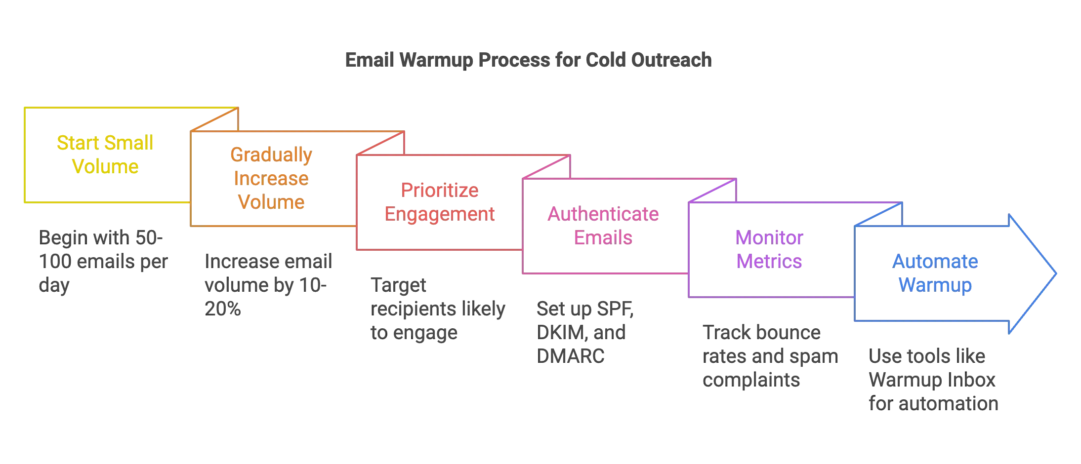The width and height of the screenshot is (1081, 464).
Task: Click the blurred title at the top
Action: pyautogui.click(x=527, y=60)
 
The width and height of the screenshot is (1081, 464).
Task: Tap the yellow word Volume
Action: pyautogui.click(x=105, y=166)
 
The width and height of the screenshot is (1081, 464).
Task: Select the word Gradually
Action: pyautogui.click(x=271, y=155)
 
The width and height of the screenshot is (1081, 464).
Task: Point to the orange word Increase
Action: pyautogui.click(x=271, y=178)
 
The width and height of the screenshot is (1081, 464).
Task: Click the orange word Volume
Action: pyautogui.click(x=271, y=202)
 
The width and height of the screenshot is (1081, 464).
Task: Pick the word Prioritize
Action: pyautogui.click(x=439, y=190)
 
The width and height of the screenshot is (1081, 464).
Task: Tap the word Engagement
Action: pyautogui.click(x=439, y=214)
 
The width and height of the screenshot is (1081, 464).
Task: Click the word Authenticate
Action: pyautogui.click(x=603, y=214)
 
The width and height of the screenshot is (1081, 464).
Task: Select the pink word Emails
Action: pyautogui.click(x=603, y=237)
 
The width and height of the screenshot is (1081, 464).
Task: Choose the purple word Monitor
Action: pyautogui.click(x=769, y=237)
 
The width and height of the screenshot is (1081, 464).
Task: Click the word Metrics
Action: pyautogui.click(x=769, y=261)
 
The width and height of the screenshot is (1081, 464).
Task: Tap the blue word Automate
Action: pyautogui.click(x=935, y=261)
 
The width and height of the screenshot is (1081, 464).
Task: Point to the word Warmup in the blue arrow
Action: pyautogui.click(x=935, y=285)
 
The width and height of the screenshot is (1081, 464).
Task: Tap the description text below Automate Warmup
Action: pyautogui.click(x=933, y=380)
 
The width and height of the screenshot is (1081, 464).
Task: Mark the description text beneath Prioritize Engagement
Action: pyautogui.click(x=438, y=309)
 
